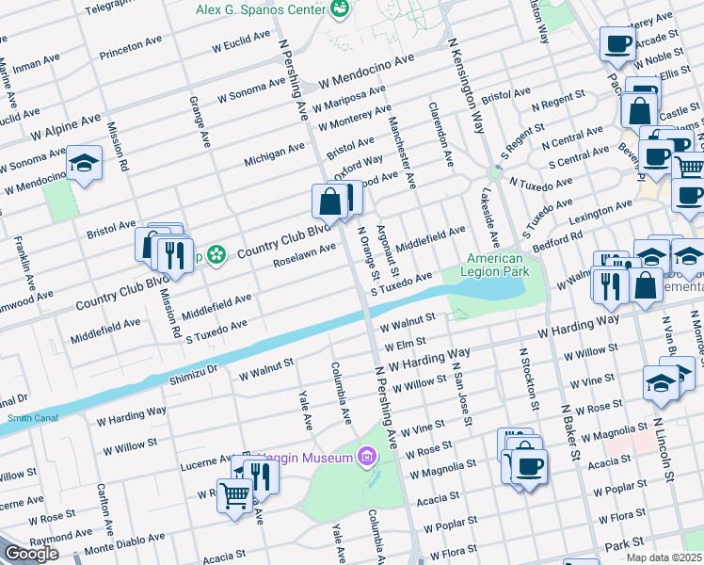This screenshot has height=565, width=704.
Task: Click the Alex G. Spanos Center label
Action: pos(259,9)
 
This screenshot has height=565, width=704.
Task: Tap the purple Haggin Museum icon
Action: pos(367,458)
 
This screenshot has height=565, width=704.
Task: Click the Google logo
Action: pos(30,554)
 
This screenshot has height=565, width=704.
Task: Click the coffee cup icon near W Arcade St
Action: pos(617,43)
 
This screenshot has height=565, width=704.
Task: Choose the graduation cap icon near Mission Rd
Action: pos(85,164)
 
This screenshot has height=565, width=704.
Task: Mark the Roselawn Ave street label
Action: pos(304,254)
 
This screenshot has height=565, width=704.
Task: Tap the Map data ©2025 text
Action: pos(664,557)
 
